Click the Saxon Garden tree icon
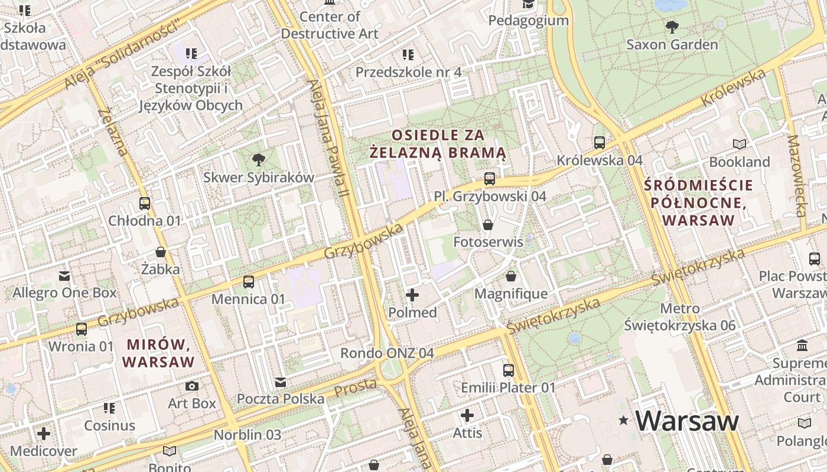pos(672,27)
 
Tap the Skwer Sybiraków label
pos(259,177)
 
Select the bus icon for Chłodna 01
pos(145,204)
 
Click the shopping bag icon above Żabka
pos(160,252)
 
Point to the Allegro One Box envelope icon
pos(64,276)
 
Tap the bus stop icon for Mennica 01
pos(249,282)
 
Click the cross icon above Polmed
pos(412,295)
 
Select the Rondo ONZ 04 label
pos(387,353)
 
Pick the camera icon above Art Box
pos(192,386)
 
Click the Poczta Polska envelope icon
pos(281,382)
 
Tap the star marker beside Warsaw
pos(623,421)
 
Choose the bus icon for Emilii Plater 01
pos(509,371)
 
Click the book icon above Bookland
pos(740,144)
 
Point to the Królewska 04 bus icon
pos(600,143)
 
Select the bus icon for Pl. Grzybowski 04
pos(490,179)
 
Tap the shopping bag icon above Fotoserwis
pos(488,225)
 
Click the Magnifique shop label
pos(511,293)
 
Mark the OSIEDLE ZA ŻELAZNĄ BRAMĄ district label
pos(438,144)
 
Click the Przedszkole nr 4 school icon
pos(408,55)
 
